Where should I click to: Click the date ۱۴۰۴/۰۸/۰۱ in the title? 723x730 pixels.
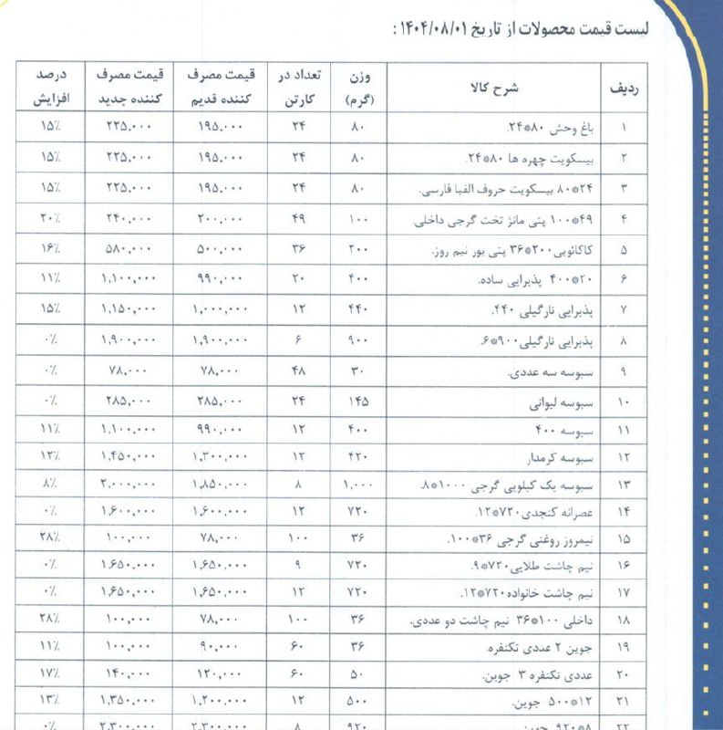[x=439, y=28]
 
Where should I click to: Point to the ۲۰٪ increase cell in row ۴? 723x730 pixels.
[x=50, y=219]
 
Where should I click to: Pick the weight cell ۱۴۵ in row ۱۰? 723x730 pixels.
[x=358, y=401]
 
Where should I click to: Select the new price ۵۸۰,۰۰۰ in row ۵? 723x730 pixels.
[x=128, y=250]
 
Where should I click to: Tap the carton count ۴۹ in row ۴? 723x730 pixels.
[x=298, y=219]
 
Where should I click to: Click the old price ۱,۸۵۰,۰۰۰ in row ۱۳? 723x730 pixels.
[x=219, y=483]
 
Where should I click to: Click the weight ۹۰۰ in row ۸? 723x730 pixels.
[x=358, y=340]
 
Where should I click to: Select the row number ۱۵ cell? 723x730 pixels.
[x=624, y=540]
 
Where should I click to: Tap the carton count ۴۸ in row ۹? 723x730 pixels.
[x=298, y=370]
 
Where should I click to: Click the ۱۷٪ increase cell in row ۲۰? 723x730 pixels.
[x=51, y=676]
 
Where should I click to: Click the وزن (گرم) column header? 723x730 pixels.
[x=359, y=87]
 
